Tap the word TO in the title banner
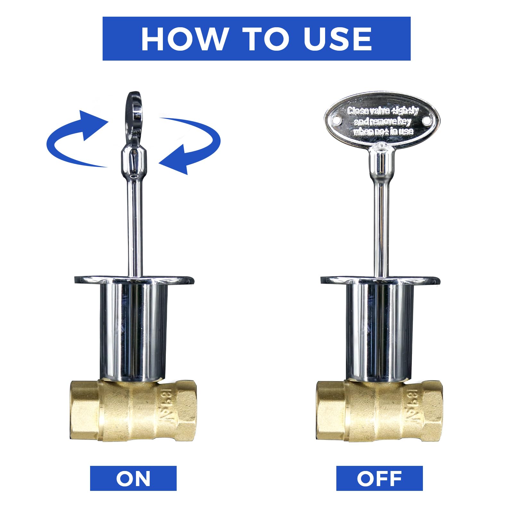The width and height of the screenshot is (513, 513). pyautogui.click(x=265, y=39)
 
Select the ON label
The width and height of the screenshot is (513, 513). pyautogui.click(x=133, y=478)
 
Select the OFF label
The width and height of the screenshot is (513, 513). pyautogui.click(x=379, y=478)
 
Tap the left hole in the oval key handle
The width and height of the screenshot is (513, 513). pyautogui.click(x=336, y=120)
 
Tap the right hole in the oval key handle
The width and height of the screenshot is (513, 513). pyautogui.click(x=426, y=121)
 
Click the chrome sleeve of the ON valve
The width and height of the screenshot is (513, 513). pyautogui.click(x=133, y=330)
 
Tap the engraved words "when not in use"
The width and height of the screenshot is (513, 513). pyautogui.click(x=383, y=131)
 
